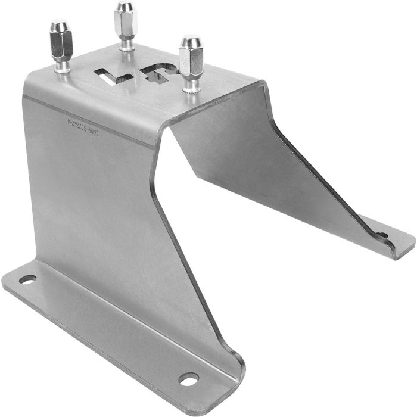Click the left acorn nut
[x=61, y=44]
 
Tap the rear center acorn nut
[x=126, y=21]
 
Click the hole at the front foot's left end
[x=27, y=279]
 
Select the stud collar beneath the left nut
[x=62, y=69]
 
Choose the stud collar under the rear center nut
[x=126, y=45]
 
